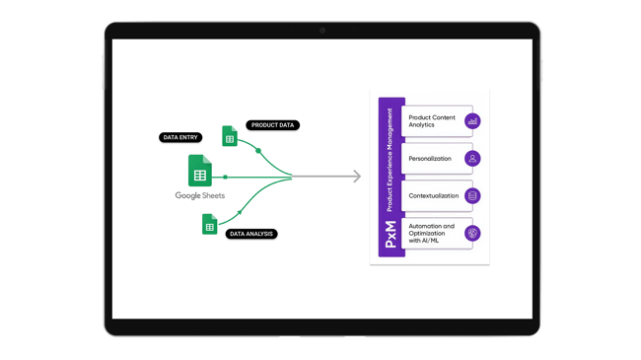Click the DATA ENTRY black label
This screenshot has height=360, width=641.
(x=180, y=138)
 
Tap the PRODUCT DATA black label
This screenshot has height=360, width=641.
(x=272, y=125)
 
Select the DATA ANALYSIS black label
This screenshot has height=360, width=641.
(x=251, y=234)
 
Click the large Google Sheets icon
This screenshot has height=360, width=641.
(x=200, y=171)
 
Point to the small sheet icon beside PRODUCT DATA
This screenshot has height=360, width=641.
(x=230, y=136)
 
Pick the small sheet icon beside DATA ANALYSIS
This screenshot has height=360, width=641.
(x=210, y=225)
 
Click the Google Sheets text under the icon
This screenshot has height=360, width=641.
(x=200, y=196)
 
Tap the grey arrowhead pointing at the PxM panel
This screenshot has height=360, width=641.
(x=356, y=177)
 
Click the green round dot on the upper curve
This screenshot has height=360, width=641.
(x=258, y=151)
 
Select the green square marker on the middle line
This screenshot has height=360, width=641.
(x=226, y=178)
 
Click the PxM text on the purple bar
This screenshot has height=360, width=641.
(x=391, y=235)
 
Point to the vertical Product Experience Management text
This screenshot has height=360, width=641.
(x=391, y=160)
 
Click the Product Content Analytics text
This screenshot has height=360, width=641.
(x=432, y=121)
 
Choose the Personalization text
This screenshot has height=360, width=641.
(x=430, y=159)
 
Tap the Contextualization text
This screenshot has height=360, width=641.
(x=434, y=196)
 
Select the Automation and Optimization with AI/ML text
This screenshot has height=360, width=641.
(x=432, y=233)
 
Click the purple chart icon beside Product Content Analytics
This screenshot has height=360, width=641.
(x=472, y=121)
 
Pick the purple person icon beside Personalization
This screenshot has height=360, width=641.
(x=472, y=159)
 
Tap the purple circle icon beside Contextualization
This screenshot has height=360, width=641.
(x=472, y=196)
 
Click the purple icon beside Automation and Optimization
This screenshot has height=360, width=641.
(x=472, y=234)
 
